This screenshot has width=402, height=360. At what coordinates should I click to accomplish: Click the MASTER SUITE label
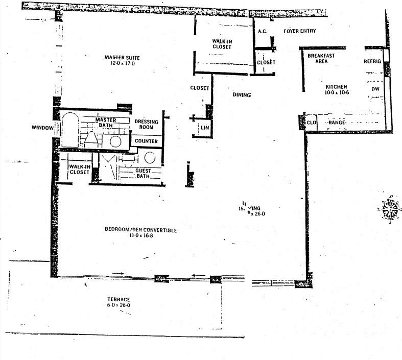coord(122,57)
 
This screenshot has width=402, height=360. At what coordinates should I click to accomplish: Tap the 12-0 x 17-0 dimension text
coord(122,64)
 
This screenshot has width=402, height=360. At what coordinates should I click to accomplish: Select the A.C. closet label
coord(263,32)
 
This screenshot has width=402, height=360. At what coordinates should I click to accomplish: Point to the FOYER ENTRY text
coord(300,31)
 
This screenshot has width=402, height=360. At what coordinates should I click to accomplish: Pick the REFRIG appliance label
coord(372,61)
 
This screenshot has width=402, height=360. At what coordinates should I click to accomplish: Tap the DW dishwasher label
coord(375,89)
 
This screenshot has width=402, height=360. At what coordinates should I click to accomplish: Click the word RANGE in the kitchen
coord(338,123)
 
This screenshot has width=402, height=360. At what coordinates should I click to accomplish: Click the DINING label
coord(242,95)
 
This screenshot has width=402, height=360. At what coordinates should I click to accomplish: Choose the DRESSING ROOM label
coord(146,125)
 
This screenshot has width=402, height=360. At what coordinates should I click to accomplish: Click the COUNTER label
coord(146,141)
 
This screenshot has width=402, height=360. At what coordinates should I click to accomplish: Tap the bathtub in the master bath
coord(69,131)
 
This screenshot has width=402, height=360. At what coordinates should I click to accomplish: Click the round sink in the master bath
coord(116,141)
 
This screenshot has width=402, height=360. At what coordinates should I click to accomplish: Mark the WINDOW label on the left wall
coord(42,128)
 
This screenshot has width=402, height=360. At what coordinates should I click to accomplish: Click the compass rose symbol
coord(390,209)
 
